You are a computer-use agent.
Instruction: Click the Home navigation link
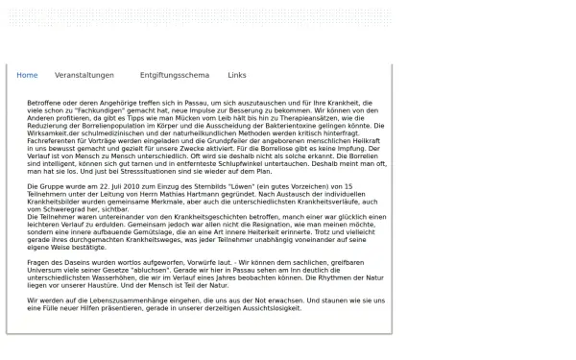click(x=27, y=75)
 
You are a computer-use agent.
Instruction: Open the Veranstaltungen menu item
click(x=84, y=75)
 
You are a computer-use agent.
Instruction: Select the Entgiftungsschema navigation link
click(x=174, y=75)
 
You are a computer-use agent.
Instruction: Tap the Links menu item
click(x=237, y=75)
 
